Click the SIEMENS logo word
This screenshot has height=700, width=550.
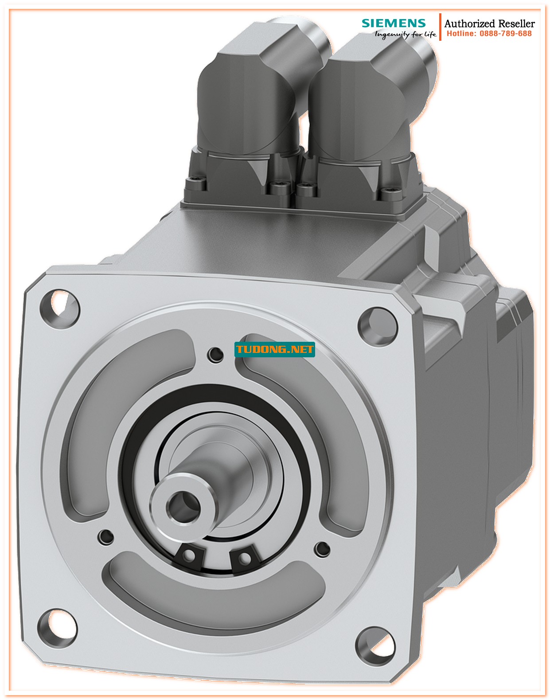click(x=393, y=23)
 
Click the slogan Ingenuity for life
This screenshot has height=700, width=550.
click(x=405, y=35)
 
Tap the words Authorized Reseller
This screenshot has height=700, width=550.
click(x=489, y=23)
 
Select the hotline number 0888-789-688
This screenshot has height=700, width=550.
click(x=505, y=34)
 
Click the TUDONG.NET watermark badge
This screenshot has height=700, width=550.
click(x=274, y=349)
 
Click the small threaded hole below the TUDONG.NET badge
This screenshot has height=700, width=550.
click(x=216, y=354)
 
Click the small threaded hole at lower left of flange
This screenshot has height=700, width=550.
click(x=105, y=536)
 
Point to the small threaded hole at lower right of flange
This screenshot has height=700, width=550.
click(x=322, y=549)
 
